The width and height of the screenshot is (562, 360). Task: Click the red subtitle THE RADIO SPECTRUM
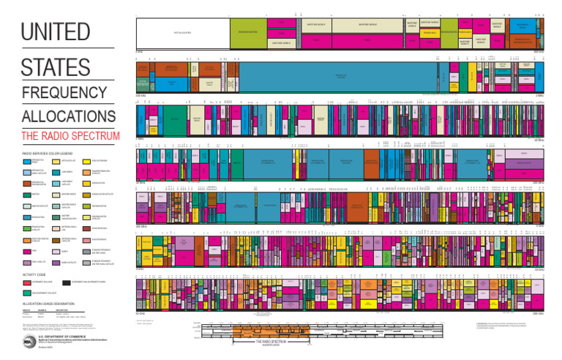70,136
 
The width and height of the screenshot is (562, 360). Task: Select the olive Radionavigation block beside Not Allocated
246,32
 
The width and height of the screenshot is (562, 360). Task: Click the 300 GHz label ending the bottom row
539,314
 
